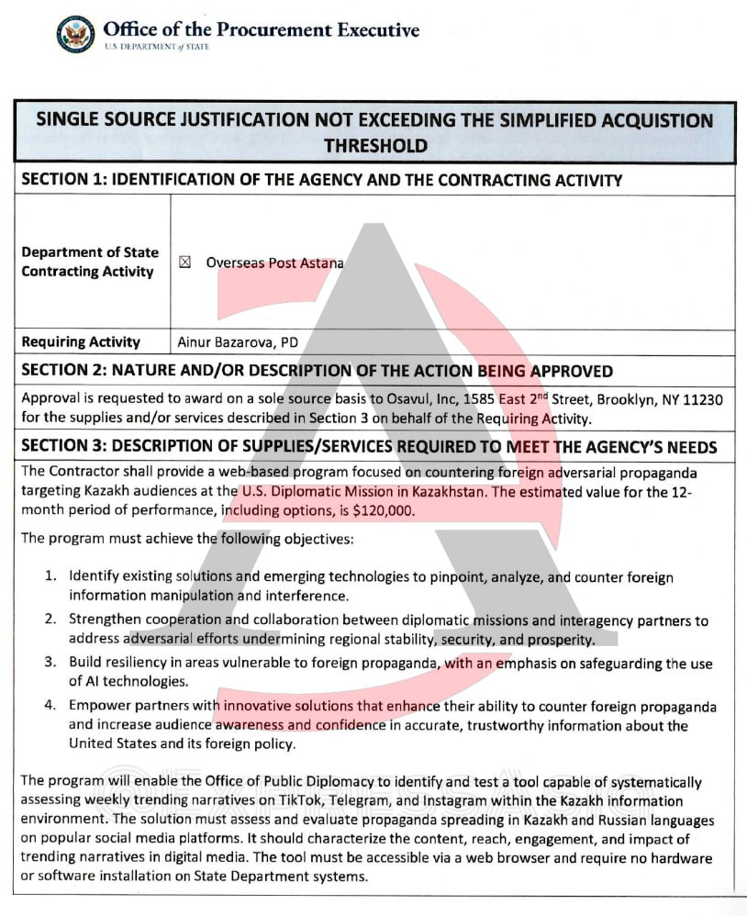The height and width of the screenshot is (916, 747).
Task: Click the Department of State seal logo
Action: [x=75, y=34]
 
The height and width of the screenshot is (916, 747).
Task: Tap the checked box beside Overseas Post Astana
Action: [x=184, y=263]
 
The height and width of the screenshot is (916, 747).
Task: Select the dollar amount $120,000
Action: [x=384, y=510]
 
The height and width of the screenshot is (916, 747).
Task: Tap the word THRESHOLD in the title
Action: [x=375, y=145]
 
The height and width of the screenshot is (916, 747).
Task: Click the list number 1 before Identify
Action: [x=51, y=577]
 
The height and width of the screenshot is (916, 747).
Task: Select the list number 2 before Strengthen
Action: [x=51, y=621]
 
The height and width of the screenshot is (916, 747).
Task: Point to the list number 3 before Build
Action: [x=51, y=663]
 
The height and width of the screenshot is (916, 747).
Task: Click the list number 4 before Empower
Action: [x=51, y=707]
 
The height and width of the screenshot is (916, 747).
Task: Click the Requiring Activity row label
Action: [x=81, y=342]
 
